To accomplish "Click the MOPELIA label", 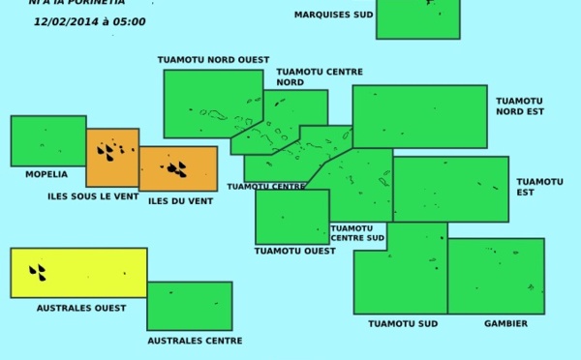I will pos(46,174).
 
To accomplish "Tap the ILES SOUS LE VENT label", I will pos(93,196).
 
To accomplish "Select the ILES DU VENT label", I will pos(180,201).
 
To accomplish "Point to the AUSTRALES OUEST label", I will pos(81,308).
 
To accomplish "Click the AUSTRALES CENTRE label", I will pos(195,341).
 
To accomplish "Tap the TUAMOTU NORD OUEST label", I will pos(213,60).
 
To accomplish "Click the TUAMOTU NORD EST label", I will pos(520,105).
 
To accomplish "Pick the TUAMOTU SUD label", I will pos(397,323).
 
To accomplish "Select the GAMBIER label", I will pos(505,323).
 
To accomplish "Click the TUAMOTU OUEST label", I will pos(294,251).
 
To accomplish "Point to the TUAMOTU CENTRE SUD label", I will pos(357,233).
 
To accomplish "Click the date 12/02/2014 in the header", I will pos(62,21).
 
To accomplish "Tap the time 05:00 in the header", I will pos(130,21).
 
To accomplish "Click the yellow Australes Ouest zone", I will pos(78,272).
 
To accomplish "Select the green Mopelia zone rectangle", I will pos(47,140).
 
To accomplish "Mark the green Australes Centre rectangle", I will pos(189,306).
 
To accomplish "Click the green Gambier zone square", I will pos(496,276).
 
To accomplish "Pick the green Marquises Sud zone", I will pos(417,18).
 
